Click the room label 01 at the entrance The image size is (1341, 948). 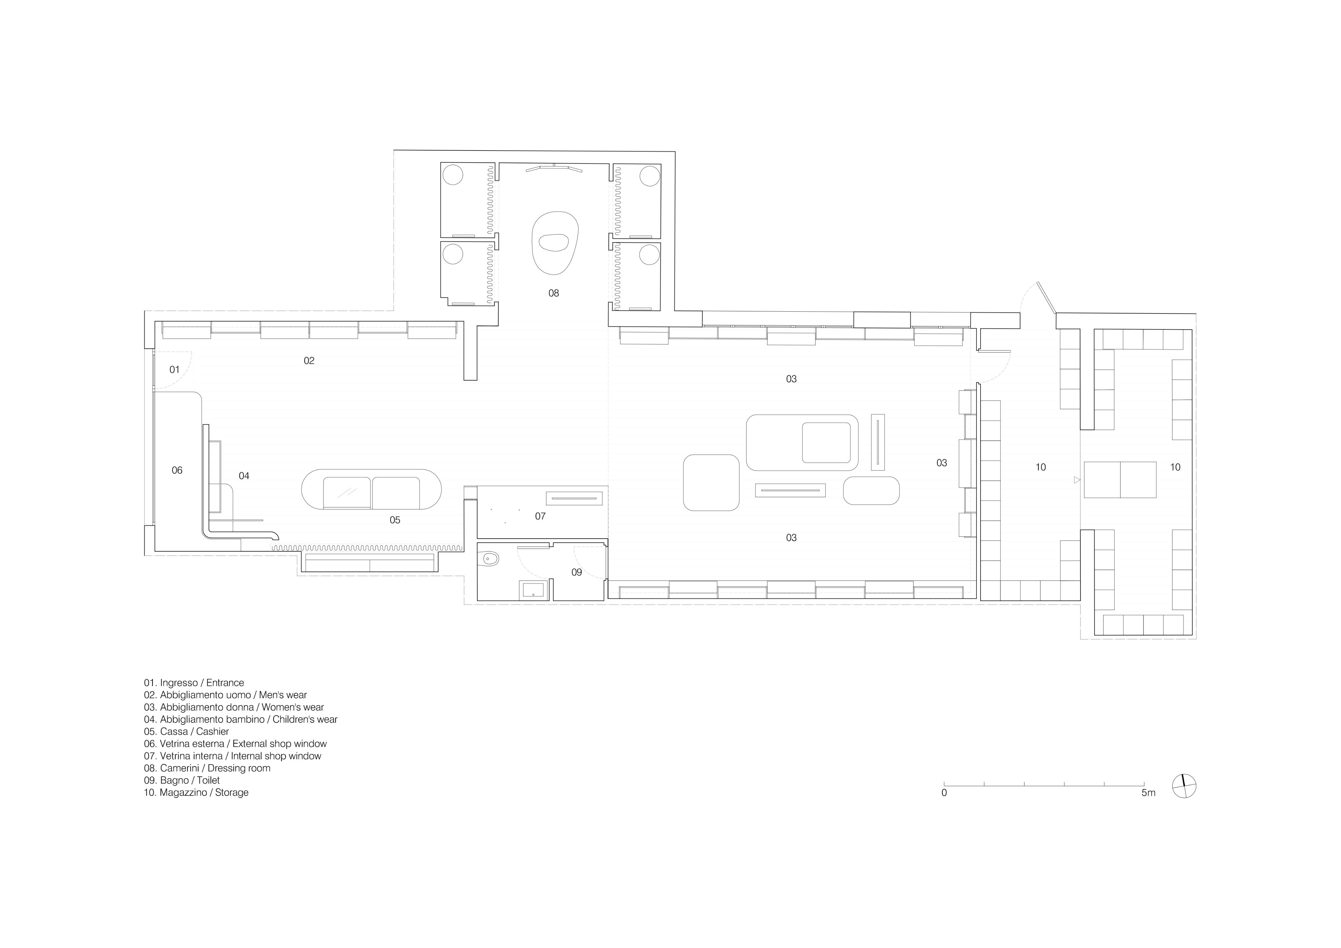click(174, 370)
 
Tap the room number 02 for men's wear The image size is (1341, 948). click(309, 361)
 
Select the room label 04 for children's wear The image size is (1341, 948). click(244, 476)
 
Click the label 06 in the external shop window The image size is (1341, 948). click(177, 470)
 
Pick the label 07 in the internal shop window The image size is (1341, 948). click(540, 516)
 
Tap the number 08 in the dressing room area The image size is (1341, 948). click(554, 293)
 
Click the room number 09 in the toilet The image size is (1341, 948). click(576, 572)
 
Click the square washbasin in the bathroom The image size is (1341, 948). click(533, 590)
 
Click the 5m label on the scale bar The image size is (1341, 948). click(1148, 793)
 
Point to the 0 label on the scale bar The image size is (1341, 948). click(944, 793)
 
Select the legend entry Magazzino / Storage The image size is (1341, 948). click(196, 792)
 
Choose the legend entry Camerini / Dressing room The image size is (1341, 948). click(207, 768)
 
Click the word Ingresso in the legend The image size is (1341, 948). click(179, 683)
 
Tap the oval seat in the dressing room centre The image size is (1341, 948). click(554, 243)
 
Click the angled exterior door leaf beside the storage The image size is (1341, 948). click(1047, 298)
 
